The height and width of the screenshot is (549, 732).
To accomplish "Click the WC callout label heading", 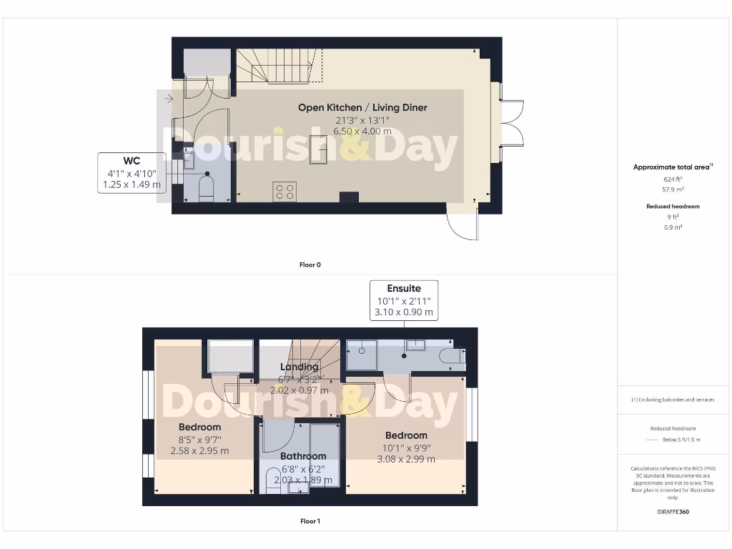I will (x=132, y=160).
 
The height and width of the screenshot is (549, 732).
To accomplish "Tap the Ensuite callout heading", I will (x=404, y=289).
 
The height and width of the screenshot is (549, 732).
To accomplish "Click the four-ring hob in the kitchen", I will (x=284, y=191).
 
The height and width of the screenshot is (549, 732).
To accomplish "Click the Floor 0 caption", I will (x=310, y=264).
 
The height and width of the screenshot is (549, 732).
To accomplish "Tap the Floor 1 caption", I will (x=310, y=521).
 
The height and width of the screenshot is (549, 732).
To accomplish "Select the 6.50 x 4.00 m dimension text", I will (x=362, y=132).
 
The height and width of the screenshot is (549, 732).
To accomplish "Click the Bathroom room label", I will (x=303, y=456).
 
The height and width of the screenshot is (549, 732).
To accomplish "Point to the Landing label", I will (x=299, y=367).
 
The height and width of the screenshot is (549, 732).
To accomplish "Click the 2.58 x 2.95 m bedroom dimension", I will (x=199, y=451).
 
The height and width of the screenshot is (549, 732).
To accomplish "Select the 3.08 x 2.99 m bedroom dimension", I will (x=405, y=460).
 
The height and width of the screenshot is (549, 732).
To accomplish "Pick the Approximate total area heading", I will (x=672, y=167).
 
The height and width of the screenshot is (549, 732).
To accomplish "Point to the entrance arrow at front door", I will (x=167, y=99).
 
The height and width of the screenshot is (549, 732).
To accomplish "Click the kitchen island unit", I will (x=318, y=151).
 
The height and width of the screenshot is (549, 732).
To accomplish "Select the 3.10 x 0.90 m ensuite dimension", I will (x=404, y=312).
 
